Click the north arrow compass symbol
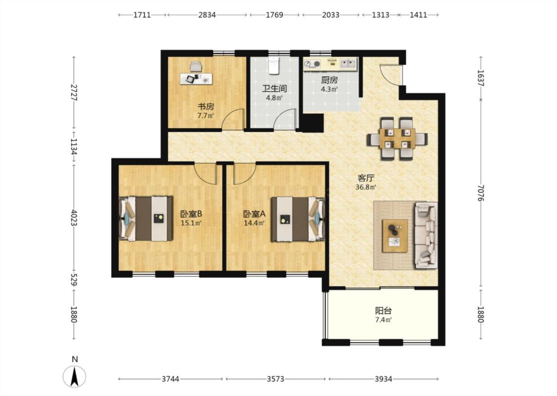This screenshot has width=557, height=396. pyautogui.click(x=74, y=376)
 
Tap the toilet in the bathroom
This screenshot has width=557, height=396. pyautogui.click(x=273, y=65)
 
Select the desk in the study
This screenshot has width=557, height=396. pyautogui.click(x=196, y=79)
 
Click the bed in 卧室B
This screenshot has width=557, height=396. pyautogui.click(x=146, y=218)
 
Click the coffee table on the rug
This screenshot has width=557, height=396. pyautogui.click(x=395, y=236)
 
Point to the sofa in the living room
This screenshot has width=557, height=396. pyautogui.click(x=426, y=235)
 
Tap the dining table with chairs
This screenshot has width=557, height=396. pyautogui.click(x=397, y=139)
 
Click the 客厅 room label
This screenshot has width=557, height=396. pyautogui.click(x=366, y=178)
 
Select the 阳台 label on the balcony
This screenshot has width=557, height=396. pyautogui.click(x=383, y=311)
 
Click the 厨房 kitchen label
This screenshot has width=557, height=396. pyautogui.click(x=329, y=80)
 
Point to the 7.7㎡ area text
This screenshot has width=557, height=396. pyautogui.click(x=205, y=115)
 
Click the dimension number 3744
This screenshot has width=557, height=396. pyautogui.click(x=170, y=379)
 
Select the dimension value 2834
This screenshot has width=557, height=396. pyautogui.click(x=207, y=15)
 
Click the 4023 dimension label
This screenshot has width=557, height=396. pyautogui.click(x=74, y=218)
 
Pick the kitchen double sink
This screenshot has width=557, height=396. pyautogui.click(x=348, y=63)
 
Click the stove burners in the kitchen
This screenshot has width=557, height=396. pyautogui.click(x=312, y=64)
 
